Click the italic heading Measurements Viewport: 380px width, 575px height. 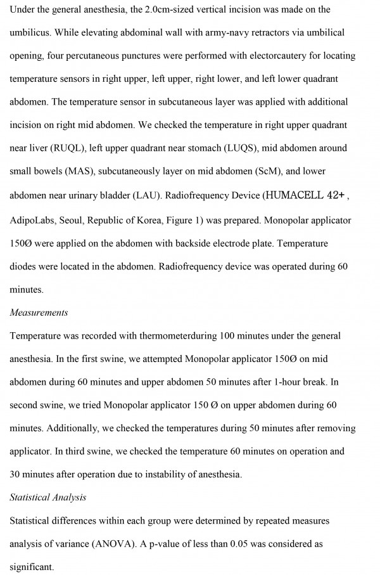click(x=39, y=313)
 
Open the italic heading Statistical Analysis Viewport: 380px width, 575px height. click(x=47, y=498)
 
